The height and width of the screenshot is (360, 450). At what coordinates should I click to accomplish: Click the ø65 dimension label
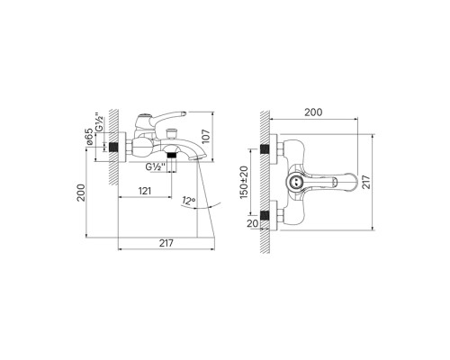[89, 137]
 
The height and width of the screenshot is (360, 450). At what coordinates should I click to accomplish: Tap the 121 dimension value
[145, 191]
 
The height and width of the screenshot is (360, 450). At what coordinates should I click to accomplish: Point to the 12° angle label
[188, 201]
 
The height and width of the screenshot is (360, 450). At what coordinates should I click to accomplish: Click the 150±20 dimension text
[244, 182]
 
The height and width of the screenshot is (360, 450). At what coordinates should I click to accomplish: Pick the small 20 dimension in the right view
[253, 223]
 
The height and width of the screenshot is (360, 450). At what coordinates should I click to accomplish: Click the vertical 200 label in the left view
[81, 193]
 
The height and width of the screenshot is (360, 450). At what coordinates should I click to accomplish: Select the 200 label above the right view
[313, 112]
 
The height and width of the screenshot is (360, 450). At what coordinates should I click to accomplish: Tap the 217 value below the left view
[166, 243]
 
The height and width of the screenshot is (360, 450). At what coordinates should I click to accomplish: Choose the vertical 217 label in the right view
[366, 182]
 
